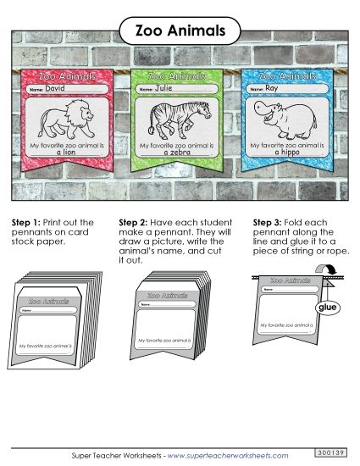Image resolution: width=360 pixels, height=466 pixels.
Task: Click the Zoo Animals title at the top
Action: coord(180,31)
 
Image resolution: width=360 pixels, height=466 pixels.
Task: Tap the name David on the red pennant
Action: coord(54,88)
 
